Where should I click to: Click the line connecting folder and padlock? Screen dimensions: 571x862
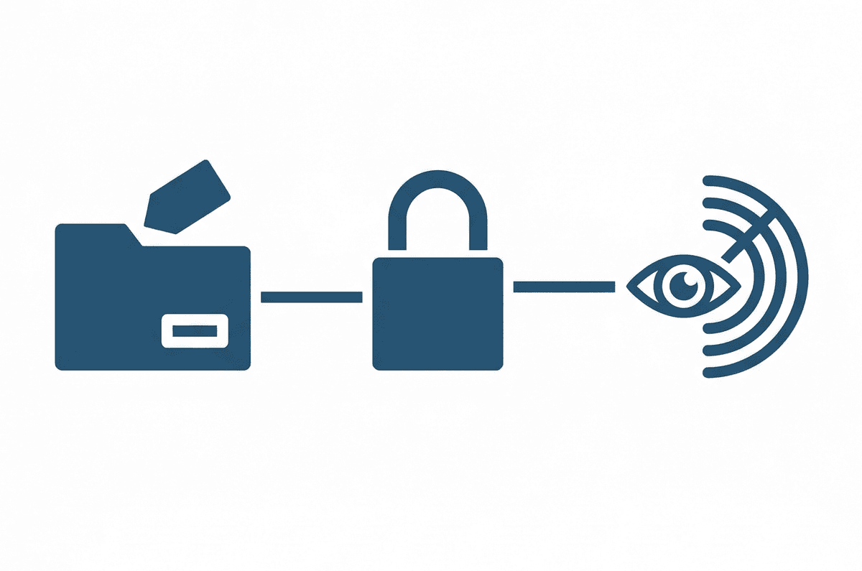[311, 297]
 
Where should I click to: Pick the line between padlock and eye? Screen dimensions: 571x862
[564, 287]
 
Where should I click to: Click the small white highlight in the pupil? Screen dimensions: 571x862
[689, 281]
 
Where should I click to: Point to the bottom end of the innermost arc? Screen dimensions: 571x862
[707, 325]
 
